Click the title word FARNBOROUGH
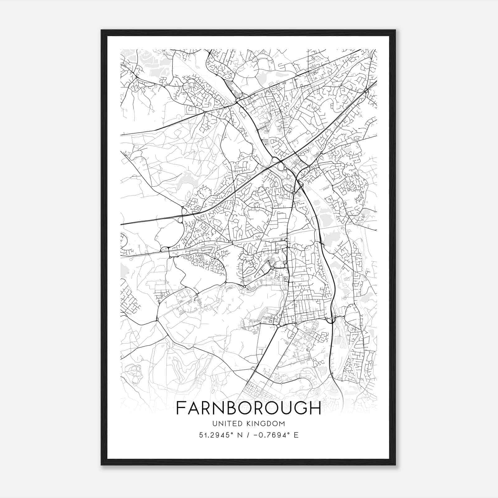[248, 408]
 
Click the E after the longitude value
[296, 435]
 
